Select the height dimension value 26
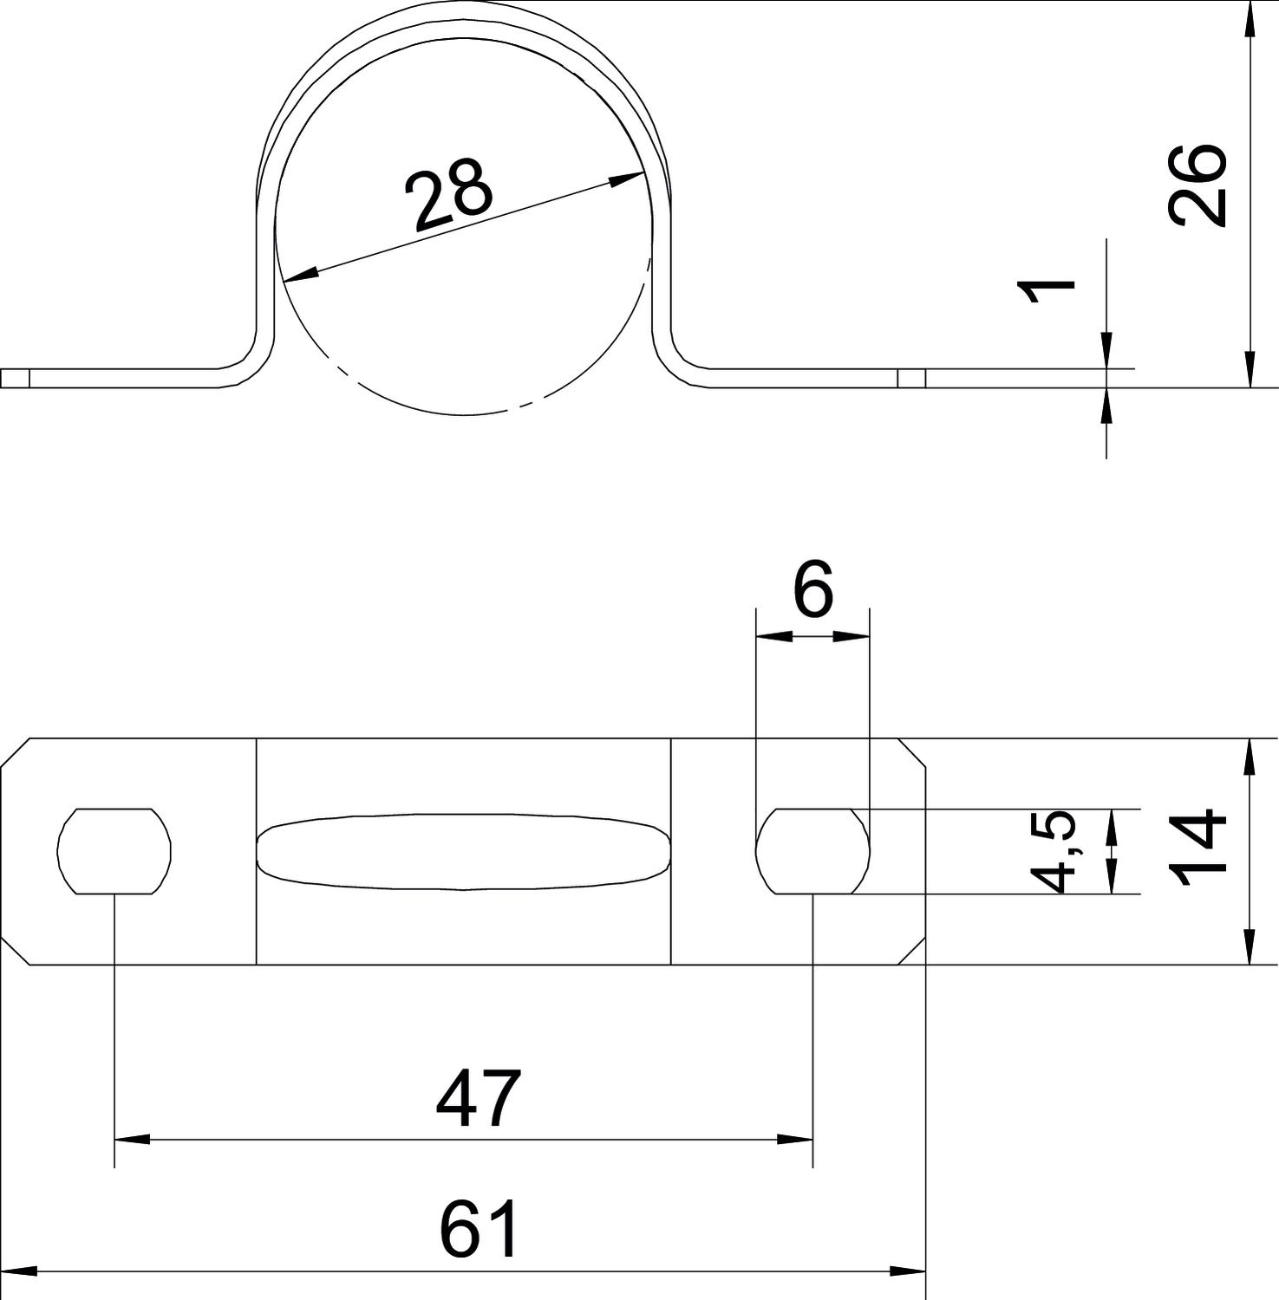[1197, 185]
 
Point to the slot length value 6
[813, 588]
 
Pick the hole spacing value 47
[479, 1099]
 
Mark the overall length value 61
[479, 1229]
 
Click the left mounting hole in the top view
[114, 851]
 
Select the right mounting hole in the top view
[812, 851]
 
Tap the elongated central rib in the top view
[464, 852]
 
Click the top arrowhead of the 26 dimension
[1249, 18]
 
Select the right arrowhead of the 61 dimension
[909, 1272]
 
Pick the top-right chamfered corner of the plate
[912, 752]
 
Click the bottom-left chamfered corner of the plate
[15, 950]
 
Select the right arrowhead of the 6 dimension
[852, 636]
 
